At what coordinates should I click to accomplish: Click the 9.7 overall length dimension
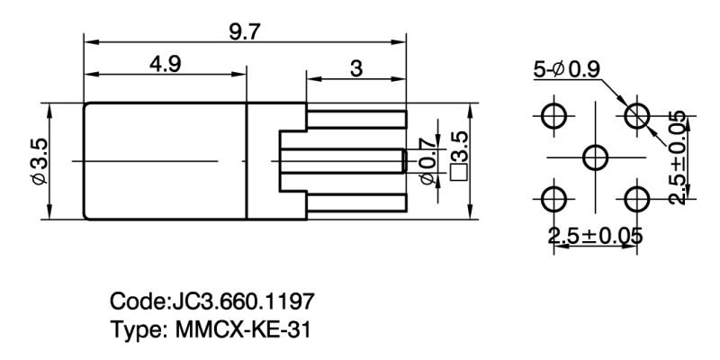pos(244,31)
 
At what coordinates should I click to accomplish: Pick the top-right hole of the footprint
pos(637,114)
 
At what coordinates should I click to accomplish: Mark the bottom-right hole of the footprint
pos(637,198)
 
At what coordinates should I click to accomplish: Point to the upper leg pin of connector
pos(357,120)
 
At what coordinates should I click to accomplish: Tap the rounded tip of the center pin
pos(403,161)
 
